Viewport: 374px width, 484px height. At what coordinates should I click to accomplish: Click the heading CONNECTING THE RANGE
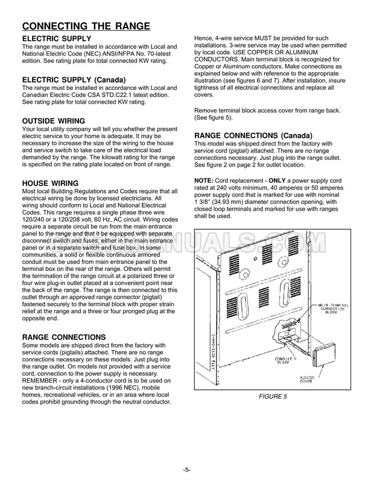[x=86, y=26]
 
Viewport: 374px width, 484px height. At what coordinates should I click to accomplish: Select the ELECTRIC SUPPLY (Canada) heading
[x=74, y=80]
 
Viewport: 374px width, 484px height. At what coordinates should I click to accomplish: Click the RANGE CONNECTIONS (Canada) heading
[x=253, y=135]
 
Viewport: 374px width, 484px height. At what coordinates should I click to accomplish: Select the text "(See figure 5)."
[x=214, y=118]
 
